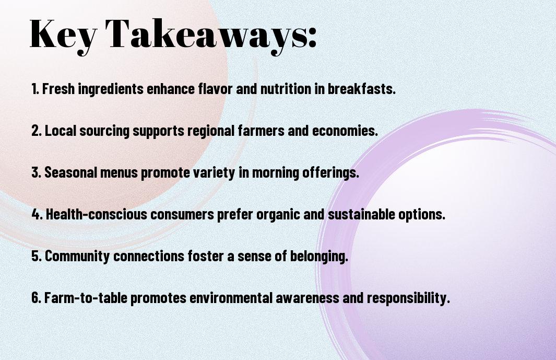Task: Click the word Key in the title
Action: (63, 35)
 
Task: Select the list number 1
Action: (35, 89)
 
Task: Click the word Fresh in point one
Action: (58, 89)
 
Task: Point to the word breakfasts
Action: (361, 89)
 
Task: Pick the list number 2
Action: (37, 131)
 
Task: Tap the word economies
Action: (345, 131)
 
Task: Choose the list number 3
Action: (37, 172)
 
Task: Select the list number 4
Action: (37, 214)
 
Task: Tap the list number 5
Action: (37, 256)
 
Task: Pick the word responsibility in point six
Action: (408, 298)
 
